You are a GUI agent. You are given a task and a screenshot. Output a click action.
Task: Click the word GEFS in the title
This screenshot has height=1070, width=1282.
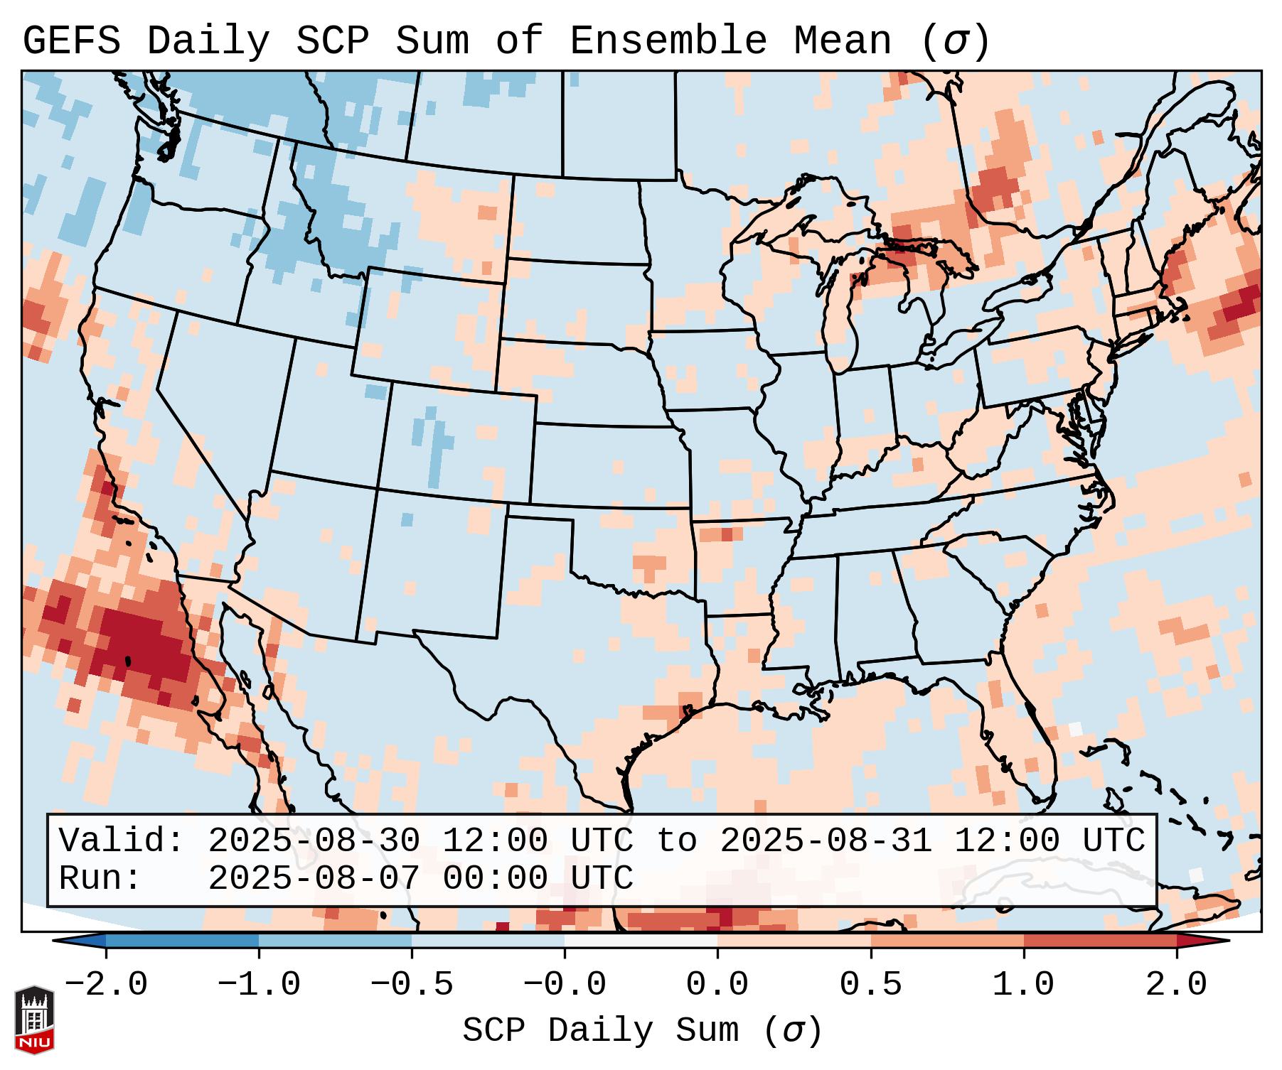71,41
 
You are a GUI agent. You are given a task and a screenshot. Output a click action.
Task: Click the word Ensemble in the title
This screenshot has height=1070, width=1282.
668,41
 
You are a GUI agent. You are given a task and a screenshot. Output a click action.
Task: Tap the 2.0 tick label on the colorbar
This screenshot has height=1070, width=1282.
1177,985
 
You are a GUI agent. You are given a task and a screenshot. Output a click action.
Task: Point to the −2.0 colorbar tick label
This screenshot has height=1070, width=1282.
106,985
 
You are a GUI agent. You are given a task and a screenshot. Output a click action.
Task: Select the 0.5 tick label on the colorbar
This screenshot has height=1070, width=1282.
871,985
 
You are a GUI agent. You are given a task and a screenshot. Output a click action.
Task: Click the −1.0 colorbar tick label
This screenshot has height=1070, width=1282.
259,985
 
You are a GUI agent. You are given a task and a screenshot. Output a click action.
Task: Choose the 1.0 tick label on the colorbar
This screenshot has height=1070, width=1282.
1024,985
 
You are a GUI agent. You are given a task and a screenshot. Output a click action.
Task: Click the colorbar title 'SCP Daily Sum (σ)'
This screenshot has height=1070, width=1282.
642,1031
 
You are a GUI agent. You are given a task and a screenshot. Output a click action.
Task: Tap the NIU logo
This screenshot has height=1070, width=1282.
34,1020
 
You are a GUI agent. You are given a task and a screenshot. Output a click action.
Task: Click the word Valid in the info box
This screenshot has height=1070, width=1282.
122,841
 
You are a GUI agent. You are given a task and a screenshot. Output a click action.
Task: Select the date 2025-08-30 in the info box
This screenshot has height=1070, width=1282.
314,841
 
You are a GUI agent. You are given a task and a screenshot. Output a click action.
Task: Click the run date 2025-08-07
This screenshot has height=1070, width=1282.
314,879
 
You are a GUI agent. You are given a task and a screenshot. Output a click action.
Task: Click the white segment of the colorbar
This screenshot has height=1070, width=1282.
641,941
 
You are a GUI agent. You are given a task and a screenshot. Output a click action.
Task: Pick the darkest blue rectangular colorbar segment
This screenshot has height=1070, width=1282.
182,941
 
